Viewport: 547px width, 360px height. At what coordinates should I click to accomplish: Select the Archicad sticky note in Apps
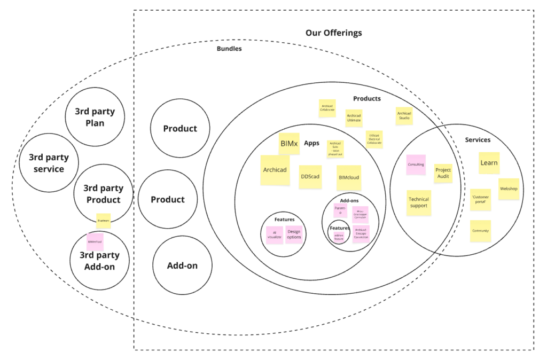(x=275, y=170)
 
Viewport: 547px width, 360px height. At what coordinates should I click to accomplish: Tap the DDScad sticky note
(x=310, y=177)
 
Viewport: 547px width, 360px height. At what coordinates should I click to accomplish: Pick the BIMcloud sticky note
(x=348, y=177)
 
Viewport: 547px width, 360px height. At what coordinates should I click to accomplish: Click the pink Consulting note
(x=416, y=165)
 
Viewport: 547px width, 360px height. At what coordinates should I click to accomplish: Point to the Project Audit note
(x=443, y=173)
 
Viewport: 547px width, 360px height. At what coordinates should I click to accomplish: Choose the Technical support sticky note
(x=419, y=202)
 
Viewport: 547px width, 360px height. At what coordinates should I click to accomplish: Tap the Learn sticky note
(x=489, y=163)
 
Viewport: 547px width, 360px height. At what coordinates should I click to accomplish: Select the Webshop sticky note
(x=509, y=189)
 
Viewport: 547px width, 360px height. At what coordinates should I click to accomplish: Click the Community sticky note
(x=481, y=231)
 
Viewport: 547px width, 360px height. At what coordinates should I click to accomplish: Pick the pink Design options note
(x=294, y=234)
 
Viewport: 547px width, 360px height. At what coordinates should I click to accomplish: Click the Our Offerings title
(x=333, y=33)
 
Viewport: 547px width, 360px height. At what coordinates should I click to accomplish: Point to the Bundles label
(x=229, y=49)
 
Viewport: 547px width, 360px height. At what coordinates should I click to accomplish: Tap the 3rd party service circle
(x=49, y=163)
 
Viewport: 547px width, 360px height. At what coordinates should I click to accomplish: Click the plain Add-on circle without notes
(x=182, y=265)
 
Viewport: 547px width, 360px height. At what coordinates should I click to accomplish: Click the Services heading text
(x=478, y=140)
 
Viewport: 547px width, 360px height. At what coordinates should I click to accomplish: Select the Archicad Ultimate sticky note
(x=354, y=118)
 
